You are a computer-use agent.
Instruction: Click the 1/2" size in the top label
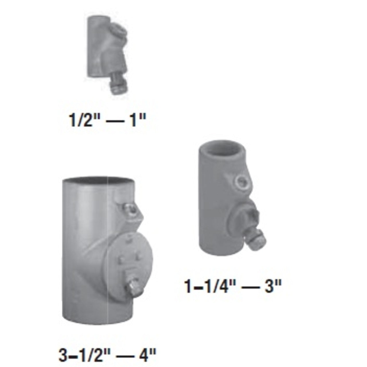click(82, 121)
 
